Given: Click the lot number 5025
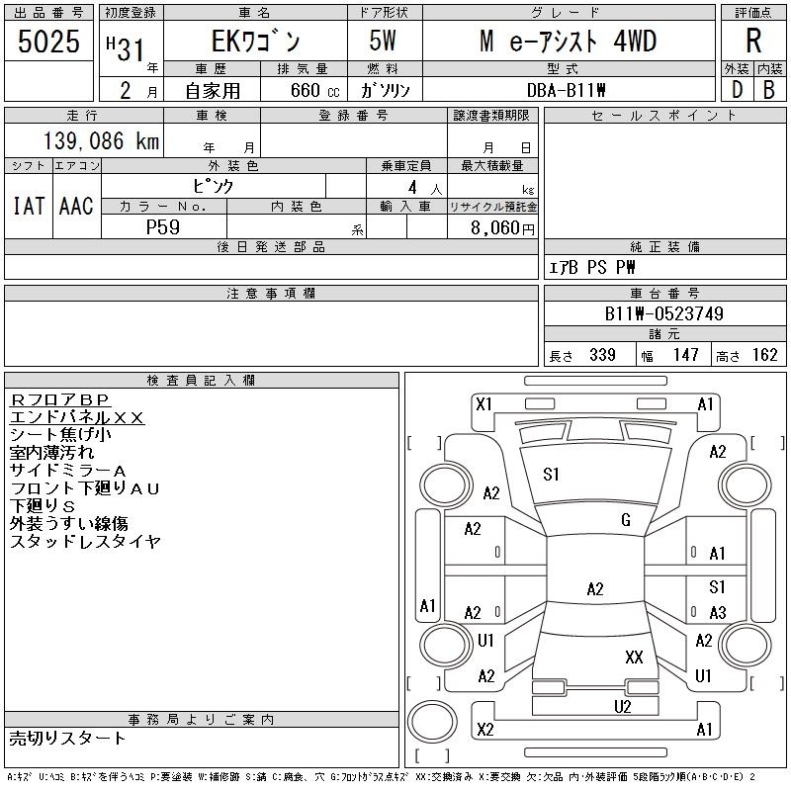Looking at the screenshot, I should [x=48, y=42].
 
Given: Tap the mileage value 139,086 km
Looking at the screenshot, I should [x=99, y=141].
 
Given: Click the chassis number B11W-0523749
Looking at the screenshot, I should [x=664, y=314].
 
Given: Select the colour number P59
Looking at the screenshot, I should [x=163, y=226].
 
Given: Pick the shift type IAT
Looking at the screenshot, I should [x=28, y=205].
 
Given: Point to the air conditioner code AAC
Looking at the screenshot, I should [x=76, y=205].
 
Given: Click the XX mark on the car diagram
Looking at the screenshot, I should [x=635, y=658].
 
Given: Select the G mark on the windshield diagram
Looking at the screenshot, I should [x=626, y=520].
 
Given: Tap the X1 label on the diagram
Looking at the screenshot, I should [x=483, y=403].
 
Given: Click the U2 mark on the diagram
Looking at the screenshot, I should [x=622, y=706].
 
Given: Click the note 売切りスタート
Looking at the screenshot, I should [x=68, y=738].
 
